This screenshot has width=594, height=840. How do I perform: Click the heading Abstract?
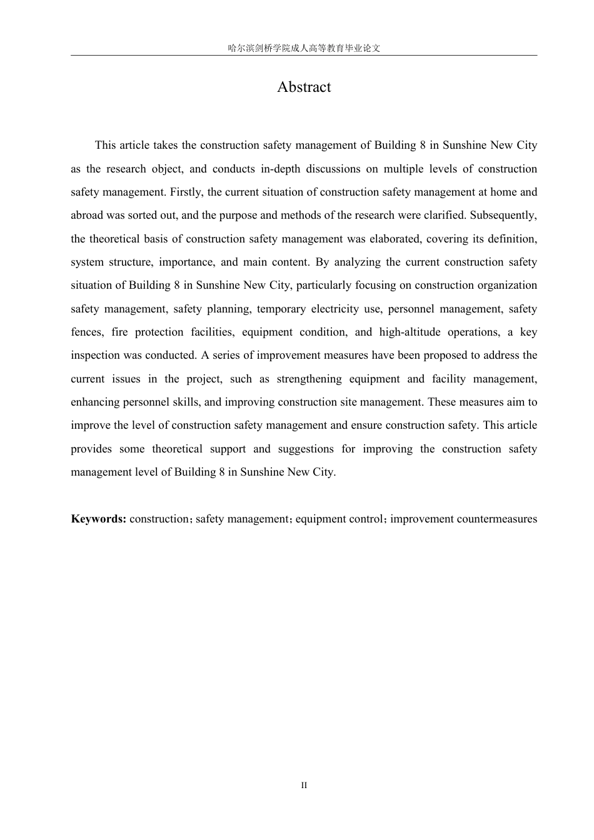click(x=304, y=87)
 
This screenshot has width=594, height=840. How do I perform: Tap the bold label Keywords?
click(x=99, y=519)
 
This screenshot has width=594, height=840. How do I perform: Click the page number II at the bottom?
click(x=304, y=785)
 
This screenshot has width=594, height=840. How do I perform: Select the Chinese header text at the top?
click(x=304, y=48)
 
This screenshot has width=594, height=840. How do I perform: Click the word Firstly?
click(x=185, y=192)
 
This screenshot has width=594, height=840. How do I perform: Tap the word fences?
click(x=86, y=332)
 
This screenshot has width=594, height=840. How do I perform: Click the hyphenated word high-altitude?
click(x=410, y=332)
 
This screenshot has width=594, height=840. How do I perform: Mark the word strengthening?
click(x=310, y=379)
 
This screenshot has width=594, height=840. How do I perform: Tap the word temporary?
click(x=280, y=309)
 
